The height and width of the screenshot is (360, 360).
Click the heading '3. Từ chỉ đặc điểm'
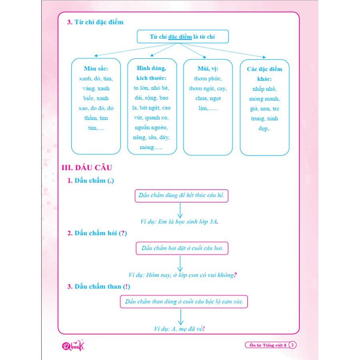95,22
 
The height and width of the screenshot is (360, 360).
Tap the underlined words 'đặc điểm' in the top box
180,37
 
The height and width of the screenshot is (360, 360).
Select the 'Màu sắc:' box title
96,68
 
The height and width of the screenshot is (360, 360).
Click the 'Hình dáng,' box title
151,68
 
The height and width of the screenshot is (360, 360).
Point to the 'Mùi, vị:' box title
208,68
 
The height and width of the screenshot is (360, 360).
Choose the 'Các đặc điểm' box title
264,69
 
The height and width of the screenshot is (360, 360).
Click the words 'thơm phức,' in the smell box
208,78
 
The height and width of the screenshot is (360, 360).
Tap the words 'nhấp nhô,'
264,89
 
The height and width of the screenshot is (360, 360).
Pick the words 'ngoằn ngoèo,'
151,128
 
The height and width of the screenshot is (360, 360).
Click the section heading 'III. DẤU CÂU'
87,168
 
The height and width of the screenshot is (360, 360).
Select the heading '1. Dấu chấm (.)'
90,181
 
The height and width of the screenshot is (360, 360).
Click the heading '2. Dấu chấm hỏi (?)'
97,233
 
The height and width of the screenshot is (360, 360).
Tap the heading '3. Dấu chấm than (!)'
99,286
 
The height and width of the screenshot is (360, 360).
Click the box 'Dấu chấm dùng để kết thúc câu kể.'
181,196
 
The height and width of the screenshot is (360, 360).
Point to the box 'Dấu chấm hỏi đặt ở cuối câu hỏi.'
182,248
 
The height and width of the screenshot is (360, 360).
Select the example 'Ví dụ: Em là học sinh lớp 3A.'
179,222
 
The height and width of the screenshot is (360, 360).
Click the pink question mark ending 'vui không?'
235,275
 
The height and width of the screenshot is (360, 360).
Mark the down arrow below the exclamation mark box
181,317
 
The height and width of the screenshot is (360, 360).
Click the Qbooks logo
73,345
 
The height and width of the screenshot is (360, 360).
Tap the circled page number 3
292,345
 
